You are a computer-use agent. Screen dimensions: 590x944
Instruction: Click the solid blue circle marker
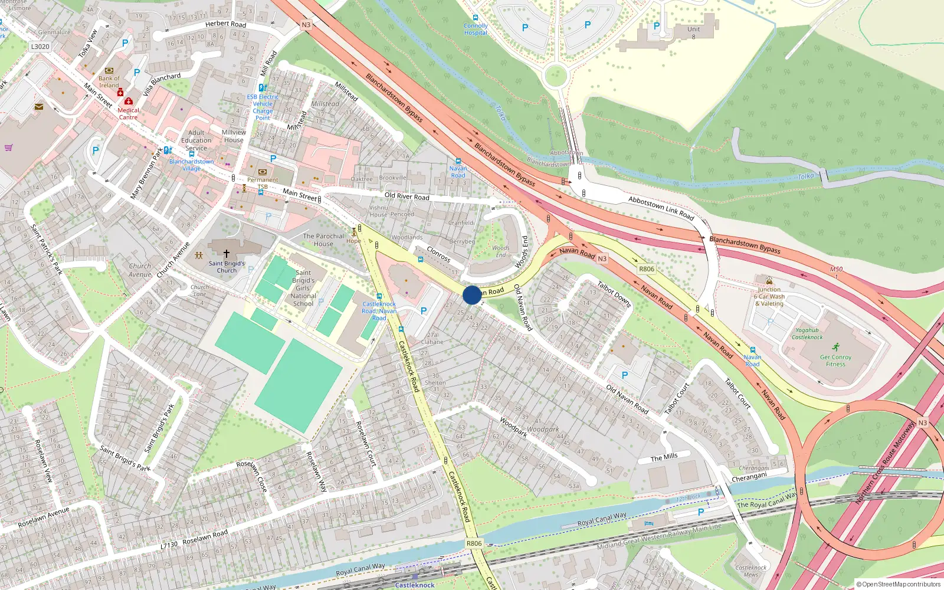472,295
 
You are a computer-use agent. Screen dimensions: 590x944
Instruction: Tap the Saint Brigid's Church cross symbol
226,254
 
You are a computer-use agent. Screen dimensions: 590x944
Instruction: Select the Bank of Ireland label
109,81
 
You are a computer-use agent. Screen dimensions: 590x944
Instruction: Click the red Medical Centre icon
129,101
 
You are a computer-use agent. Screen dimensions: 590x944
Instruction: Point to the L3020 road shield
40,47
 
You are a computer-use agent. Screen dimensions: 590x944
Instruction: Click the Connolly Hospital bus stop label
476,29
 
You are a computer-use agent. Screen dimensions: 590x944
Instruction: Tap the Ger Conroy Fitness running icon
835,347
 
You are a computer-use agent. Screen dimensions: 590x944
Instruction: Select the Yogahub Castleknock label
807,334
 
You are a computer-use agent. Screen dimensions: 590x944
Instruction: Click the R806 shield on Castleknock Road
474,543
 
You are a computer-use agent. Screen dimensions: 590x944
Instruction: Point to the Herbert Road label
225,24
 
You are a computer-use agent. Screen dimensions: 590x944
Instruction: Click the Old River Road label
407,196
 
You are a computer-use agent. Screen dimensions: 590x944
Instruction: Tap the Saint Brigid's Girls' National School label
303,288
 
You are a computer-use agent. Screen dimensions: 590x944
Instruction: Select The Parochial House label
323,240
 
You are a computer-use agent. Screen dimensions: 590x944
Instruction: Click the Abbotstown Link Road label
661,208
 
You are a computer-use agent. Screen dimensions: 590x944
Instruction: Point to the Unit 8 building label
694,32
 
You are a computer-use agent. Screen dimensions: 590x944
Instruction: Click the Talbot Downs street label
614,294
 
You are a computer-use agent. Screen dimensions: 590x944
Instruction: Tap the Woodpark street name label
513,427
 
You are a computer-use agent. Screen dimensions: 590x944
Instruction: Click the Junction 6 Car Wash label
769,297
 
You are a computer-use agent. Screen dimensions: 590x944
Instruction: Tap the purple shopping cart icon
8,147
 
